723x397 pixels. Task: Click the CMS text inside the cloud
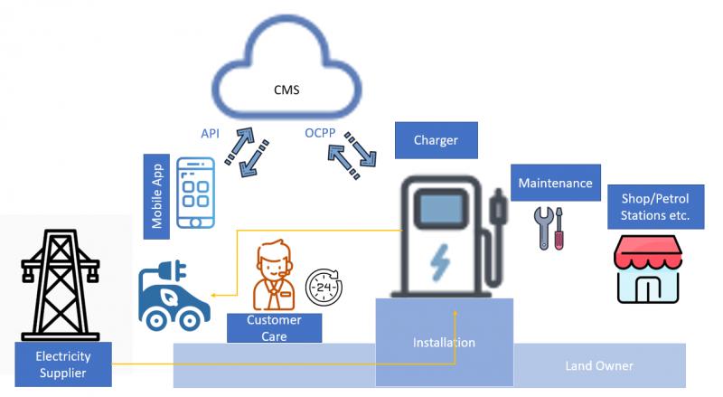[x=286, y=90]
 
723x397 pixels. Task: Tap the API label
[x=210, y=134]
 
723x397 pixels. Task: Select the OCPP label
[x=320, y=133]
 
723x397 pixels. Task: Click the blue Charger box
[x=437, y=140]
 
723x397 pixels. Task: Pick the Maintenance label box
[x=556, y=183]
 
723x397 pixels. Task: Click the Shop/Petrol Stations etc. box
[x=656, y=207]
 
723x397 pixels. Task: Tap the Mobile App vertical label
[x=156, y=196]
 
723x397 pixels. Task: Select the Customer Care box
[x=275, y=327]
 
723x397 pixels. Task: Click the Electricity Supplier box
[x=63, y=364]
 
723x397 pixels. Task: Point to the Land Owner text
[x=599, y=366]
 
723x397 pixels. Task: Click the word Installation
[x=444, y=343]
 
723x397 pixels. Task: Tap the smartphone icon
[x=196, y=193]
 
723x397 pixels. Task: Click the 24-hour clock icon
[x=324, y=288]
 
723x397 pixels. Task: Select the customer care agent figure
[x=274, y=275]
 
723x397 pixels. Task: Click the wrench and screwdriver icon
[x=549, y=229]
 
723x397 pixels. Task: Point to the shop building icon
[x=648, y=269]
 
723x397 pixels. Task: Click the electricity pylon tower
[x=61, y=285]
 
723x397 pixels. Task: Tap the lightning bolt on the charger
[x=439, y=262]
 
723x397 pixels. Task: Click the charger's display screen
[x=441, y=209]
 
